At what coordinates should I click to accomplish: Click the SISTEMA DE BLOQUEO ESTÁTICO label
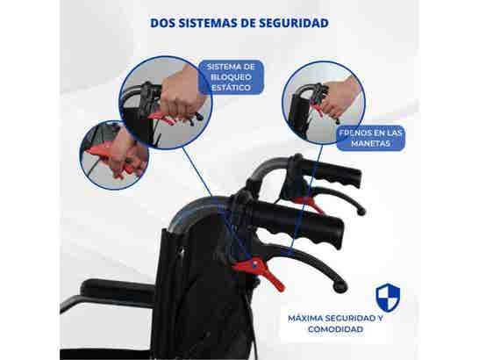point(232,76)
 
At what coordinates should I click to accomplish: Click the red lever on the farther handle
point(307,204)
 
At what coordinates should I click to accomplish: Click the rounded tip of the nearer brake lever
point(338,285)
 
